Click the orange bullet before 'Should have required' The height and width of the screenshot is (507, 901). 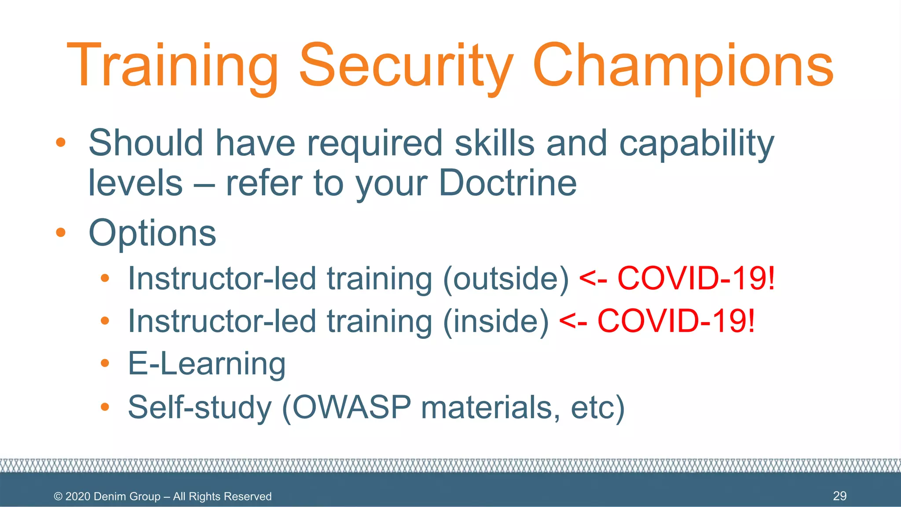tap(61, 143)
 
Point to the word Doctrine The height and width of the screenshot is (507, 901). tap(508, 183)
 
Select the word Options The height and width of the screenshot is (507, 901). tap(152, 234)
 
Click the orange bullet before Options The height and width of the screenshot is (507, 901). tap(61, 232)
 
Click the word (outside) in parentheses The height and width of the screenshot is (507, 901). tap(506, 279)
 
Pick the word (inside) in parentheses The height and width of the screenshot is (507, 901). tap(496, 321)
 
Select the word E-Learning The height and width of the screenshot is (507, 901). tap(207, 364)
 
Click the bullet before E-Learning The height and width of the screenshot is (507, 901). tap(105, 363)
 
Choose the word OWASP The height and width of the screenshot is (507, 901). tap(352, 407)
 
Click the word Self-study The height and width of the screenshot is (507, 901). tap(200, 408)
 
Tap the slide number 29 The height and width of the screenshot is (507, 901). tap(839, 496)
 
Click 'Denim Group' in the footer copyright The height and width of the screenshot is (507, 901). tap(127, 496)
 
